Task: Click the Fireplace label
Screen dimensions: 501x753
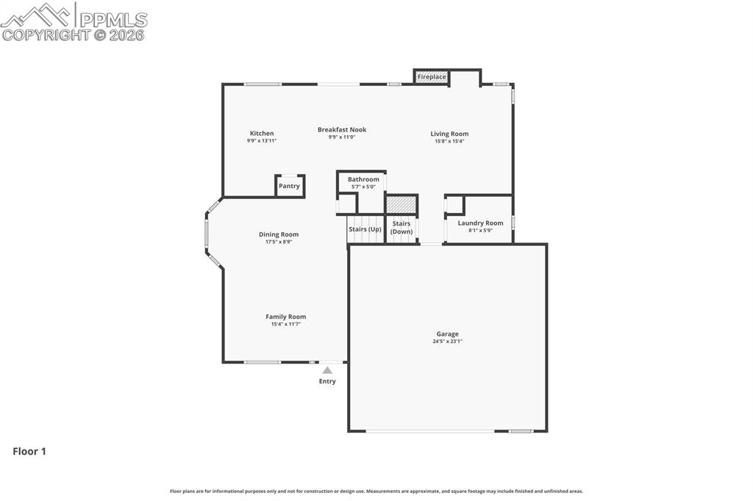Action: [432, 77]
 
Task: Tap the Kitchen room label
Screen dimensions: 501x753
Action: [262, 134]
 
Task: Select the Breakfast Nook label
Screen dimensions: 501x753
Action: [342, 130]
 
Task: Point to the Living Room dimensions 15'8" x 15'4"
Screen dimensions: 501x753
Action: [449, 141]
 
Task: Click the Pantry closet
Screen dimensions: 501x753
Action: [289, 186]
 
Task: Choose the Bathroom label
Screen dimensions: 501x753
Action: [363, 179]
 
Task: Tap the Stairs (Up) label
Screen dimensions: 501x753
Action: [365, 229]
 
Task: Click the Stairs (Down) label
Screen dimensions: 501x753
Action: [402, 228]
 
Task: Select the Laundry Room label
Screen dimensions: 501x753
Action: [480, 223]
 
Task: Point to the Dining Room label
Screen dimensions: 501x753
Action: [279, 234]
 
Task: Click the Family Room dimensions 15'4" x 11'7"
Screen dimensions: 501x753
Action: [286, 324]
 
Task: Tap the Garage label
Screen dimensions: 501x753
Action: [447, 334]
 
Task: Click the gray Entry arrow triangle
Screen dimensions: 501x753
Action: [327, 370]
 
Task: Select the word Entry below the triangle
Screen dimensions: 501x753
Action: [327, 381]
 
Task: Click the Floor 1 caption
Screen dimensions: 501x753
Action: [29, 452]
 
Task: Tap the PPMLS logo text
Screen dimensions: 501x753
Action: [113, 20]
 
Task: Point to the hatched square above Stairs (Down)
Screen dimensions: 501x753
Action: [402, 204]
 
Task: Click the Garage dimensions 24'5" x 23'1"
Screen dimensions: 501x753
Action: [447, 342]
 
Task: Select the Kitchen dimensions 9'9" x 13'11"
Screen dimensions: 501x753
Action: [262, 141]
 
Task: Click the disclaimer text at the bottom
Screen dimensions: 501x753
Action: [376, 491]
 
